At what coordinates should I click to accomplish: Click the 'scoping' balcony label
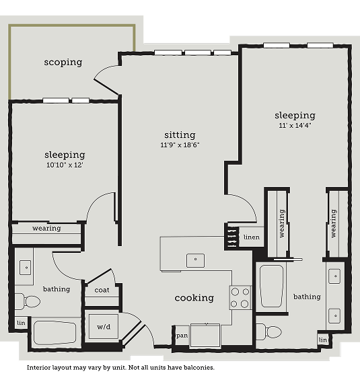point(63,62)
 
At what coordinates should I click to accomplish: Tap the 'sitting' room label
point(180,134)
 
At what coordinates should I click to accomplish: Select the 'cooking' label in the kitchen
point(194,298)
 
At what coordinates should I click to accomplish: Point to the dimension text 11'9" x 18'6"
point(180,145)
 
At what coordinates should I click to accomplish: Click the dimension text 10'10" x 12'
point(65,165)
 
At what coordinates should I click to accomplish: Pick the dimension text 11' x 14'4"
point(295,125)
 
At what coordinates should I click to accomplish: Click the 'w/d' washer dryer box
point(104,326)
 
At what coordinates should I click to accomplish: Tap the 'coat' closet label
point(102,290)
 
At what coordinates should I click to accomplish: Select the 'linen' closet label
point(252,237)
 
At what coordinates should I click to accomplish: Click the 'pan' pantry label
point(182,336)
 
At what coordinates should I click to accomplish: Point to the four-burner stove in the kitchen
point(240,298)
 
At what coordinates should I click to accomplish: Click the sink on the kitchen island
point(195,260)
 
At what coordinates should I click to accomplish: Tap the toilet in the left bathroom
point(28,301)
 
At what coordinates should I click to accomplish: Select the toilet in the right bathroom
point(269,331)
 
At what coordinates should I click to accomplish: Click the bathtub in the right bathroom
point(271,286)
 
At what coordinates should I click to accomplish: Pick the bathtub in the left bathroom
point(55,333)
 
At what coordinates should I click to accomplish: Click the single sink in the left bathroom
point(25,268)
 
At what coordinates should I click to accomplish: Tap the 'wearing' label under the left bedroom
point(46,228)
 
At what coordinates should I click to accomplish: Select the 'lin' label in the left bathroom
point(21,323)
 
